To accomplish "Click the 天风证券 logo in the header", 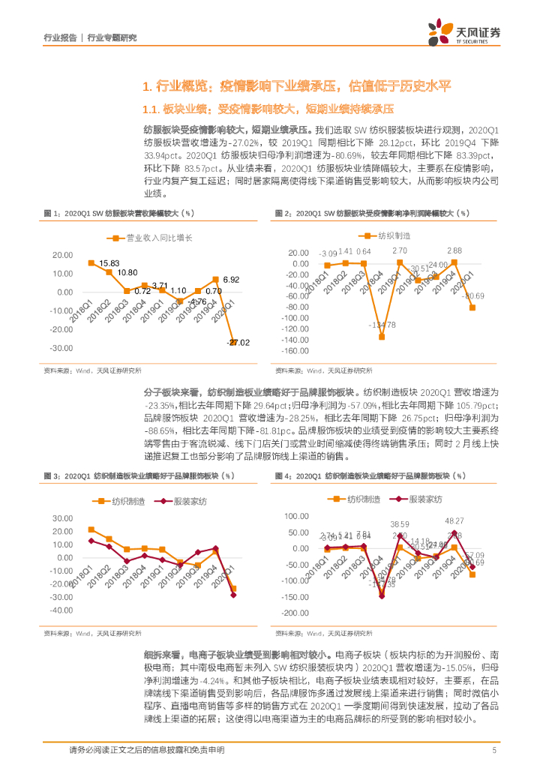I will coord(458,32).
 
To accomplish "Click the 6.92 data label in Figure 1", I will coord(230,279).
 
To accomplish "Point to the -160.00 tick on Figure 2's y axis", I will coord(292,351).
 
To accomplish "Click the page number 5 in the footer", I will coord(494,750).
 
